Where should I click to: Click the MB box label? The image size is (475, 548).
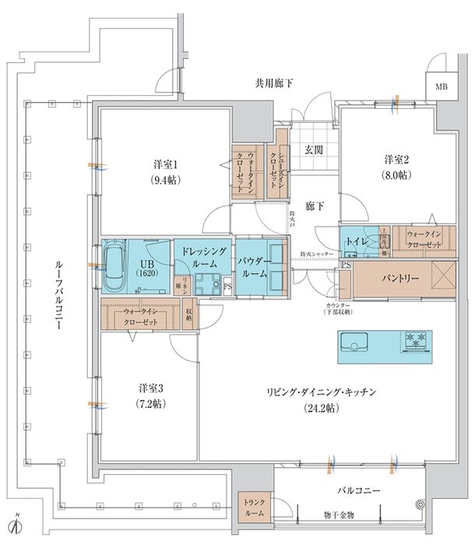(442, 86)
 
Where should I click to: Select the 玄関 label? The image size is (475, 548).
(315, 149)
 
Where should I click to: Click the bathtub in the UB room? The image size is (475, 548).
(115, 262)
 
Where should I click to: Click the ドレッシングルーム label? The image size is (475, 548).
(202, 258)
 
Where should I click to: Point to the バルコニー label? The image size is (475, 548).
(358, 492)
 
